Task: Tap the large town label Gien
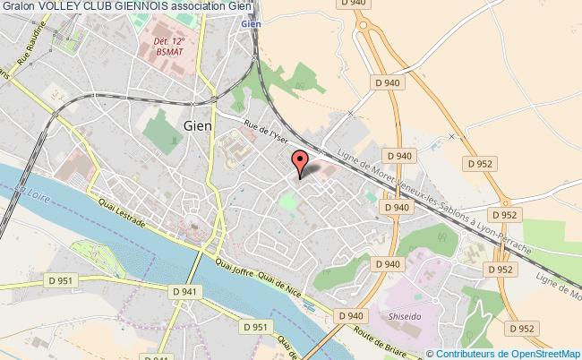point(197,126)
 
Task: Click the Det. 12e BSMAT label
point(170,46)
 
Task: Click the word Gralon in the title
point(18,7)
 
